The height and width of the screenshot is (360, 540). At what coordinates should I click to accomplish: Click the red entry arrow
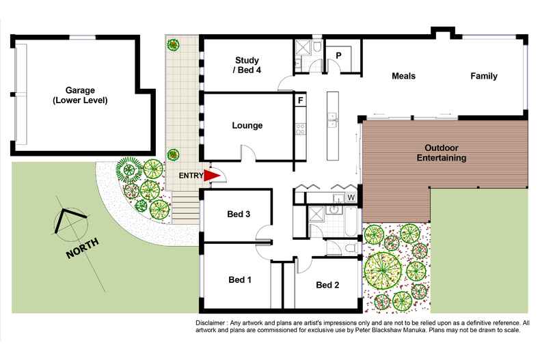click(x=214, y=176)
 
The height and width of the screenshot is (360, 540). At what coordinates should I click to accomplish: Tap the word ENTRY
click(x=191, y=176)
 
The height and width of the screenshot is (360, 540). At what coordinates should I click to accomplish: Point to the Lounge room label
click(x=247, y=125)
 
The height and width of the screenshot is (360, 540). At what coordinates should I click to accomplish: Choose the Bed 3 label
click(x=239, y=214)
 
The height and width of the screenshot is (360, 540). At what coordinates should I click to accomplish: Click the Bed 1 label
click(x=240, y=279)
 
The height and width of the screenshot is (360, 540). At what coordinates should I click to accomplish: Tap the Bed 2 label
click(x=328, y=285)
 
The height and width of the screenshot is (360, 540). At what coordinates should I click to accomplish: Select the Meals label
click(x=403, y=76)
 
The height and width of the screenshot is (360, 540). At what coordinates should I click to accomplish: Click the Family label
click(x=483, y=76)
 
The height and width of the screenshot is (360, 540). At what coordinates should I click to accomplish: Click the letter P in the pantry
click(x=338, y=55)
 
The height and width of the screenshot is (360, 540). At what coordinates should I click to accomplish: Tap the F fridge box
click(x=300, y=100)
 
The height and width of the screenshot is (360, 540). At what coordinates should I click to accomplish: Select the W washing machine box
click(x=351, y=198)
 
